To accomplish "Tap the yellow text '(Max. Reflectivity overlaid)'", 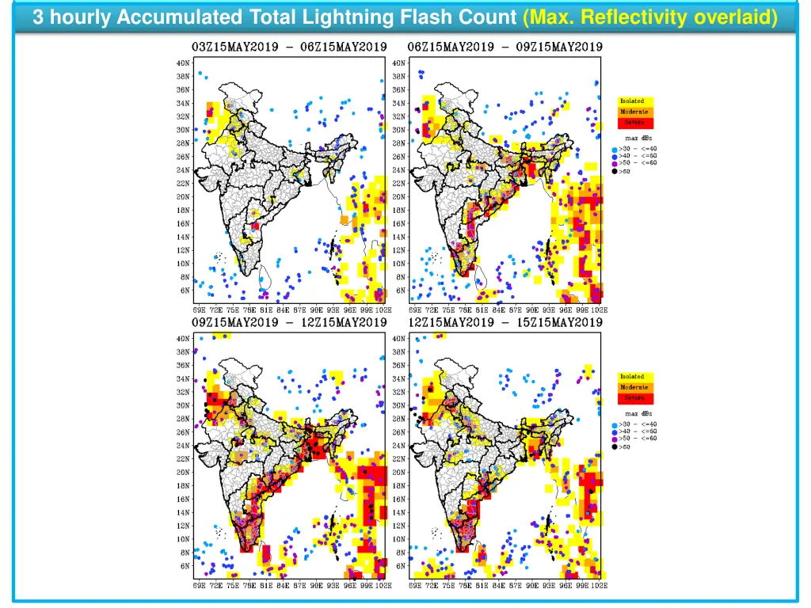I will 650,17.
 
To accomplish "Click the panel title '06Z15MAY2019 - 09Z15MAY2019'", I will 504,47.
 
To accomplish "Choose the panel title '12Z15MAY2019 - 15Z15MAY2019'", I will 504,322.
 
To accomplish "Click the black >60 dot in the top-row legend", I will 615,171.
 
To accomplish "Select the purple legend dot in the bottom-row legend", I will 615,439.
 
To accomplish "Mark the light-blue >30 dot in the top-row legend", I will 615,150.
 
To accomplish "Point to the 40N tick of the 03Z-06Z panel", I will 183,63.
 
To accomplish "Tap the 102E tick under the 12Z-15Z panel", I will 600,586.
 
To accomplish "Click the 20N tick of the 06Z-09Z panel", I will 399,197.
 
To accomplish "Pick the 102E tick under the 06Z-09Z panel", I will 600,310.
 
